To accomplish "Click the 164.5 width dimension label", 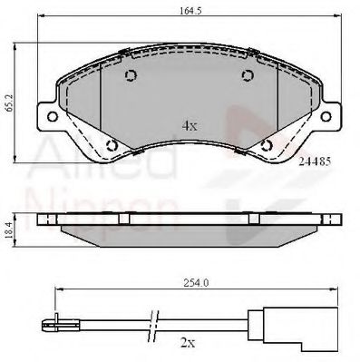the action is [x=190, y=11].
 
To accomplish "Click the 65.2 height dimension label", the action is [x=9, y=103].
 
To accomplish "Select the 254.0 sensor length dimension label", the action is [x=196, y=283].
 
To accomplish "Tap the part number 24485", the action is [x=315, y=161].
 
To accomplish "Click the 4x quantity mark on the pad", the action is [x=190, y=125].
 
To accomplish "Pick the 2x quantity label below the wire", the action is [x=188, y=343].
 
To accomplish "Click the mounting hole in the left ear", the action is [x=53, y=116].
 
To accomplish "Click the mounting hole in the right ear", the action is [x=326, y=116].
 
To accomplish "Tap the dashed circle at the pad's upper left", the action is [x=131, y=75].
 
